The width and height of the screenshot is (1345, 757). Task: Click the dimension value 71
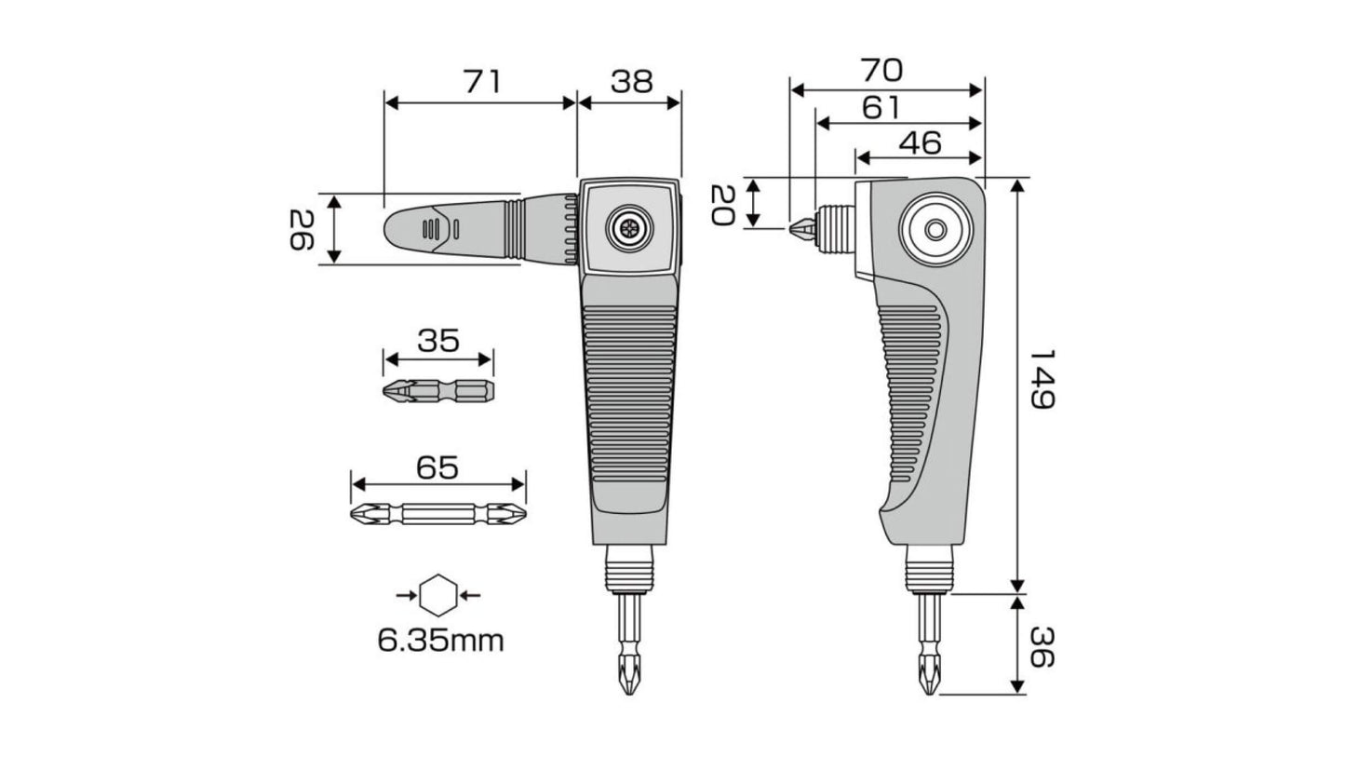[482, 82]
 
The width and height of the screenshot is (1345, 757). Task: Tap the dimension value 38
[632, 82]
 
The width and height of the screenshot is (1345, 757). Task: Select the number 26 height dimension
[302, 229]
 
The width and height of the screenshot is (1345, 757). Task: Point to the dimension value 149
[1042, 380]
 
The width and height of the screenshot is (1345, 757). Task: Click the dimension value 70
[882, 70]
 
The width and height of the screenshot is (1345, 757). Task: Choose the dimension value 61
[881, 107]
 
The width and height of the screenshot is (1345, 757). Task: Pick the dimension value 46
[920, 143]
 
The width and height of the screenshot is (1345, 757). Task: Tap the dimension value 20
[723, 205]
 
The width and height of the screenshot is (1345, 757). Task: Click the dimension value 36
[1042, 646]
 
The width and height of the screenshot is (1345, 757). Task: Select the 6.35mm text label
[440, 641]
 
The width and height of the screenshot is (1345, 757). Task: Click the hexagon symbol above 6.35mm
[438, 595]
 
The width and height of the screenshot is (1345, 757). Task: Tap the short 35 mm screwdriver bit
[439, 391]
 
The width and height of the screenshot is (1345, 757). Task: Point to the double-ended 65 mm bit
[438, 514]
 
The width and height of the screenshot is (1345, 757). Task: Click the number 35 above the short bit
[438, 341]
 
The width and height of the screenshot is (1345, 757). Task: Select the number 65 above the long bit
[437, 467]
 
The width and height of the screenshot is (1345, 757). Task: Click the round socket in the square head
[629, 228]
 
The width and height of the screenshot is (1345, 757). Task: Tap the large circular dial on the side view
[935, 229]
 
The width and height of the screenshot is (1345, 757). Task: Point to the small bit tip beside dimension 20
[802, 228]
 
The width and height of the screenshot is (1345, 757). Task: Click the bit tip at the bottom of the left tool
[628, 673]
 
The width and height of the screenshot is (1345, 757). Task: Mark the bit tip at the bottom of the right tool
[928, 673]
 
